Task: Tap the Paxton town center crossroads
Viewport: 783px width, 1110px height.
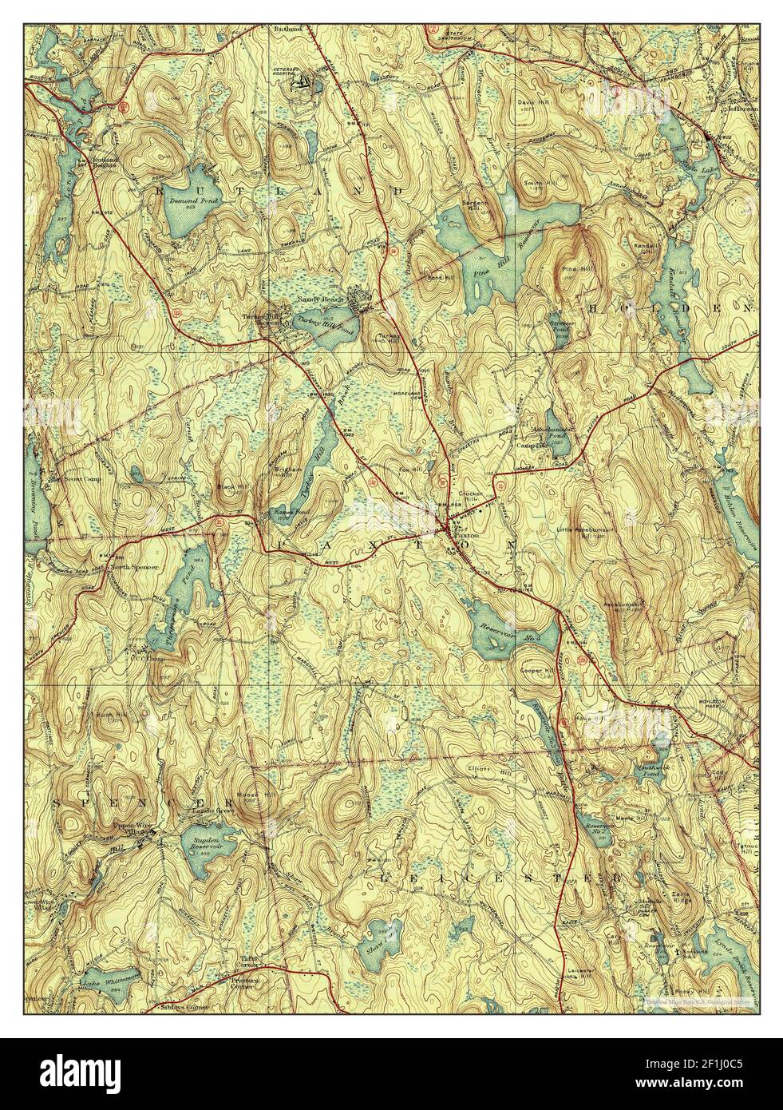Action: pyautogui.click(x=445, y=529)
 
